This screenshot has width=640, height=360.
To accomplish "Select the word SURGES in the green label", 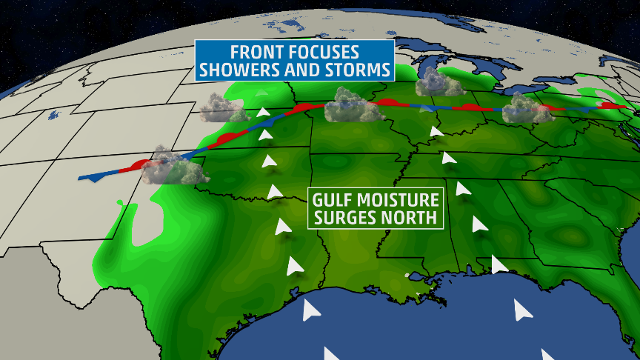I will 344,218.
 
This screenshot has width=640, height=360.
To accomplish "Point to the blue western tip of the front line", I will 81,178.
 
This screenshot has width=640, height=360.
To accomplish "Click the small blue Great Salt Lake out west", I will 54,115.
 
